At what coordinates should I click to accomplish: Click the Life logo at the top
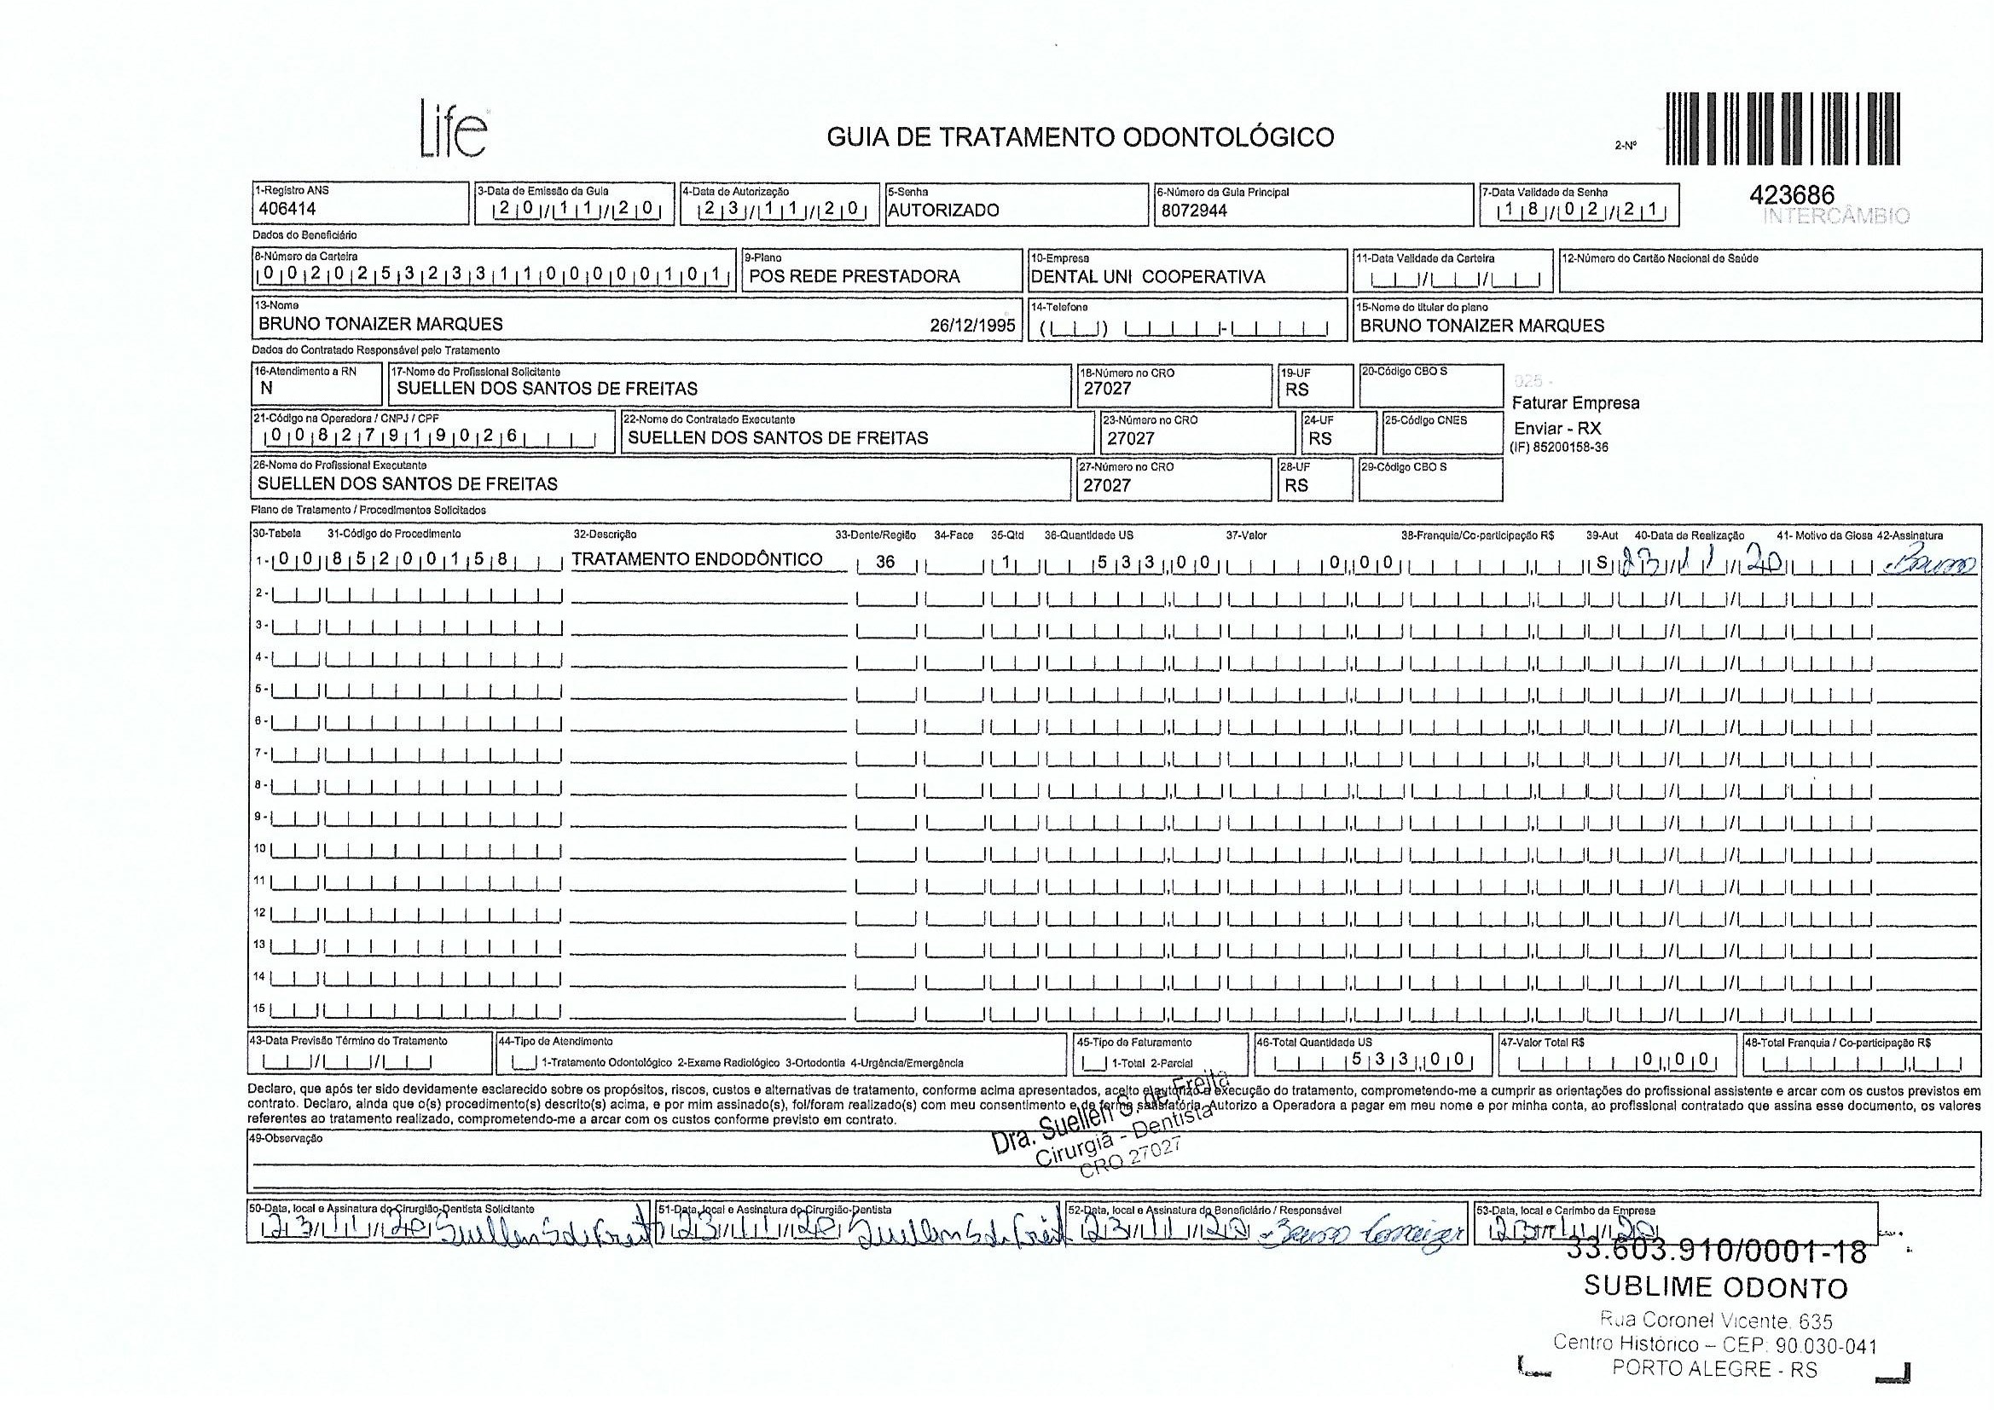(x=454, y=130)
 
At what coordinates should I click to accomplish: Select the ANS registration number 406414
(x=287, y=209)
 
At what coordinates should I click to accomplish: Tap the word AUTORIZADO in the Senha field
(x=943, y=210)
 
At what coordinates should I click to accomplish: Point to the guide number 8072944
(x=1194, y=210)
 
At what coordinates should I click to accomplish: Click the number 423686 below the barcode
(x=1791, y=196)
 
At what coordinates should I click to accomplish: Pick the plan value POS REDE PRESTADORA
(x=854, y=277)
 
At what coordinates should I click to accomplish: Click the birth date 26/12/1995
(x=971, y=326)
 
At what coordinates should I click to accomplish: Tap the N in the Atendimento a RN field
(x=267, y=389)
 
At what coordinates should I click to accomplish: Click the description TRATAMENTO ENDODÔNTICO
(x=697, y=559)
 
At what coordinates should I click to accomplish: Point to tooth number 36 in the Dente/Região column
(x=885, y=562)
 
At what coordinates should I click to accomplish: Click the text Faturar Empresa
(x=1575, y=403)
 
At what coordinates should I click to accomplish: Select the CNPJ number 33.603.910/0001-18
(x=1715, y=1252)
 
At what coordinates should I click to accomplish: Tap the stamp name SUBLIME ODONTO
(x=1715, y=1286)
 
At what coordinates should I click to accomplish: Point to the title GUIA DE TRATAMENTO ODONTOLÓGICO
(x=1080, y=137)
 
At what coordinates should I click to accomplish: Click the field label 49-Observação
(x=286, y=1138)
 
